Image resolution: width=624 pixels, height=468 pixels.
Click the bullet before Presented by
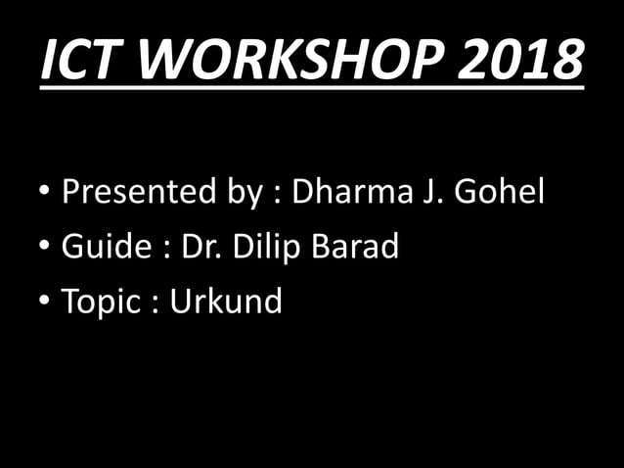46,192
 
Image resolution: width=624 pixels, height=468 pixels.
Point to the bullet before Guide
46,248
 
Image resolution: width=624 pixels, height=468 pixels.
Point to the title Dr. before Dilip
201,247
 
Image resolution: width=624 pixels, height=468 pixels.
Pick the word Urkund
227,302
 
